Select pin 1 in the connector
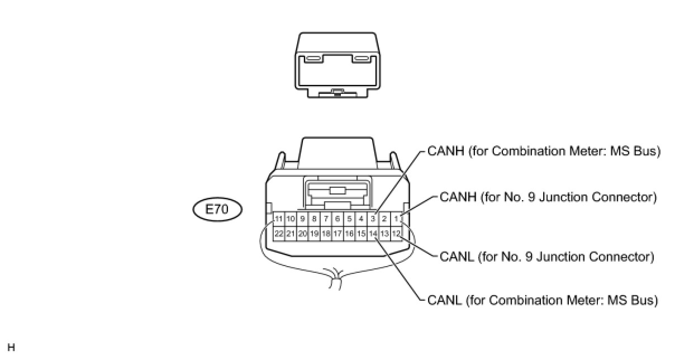(x=396, y=219)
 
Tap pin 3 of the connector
(x=373, y=219)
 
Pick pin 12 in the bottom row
(x=396, y=233)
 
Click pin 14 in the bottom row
(x=373, y=233)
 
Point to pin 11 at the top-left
(x=278, y=219)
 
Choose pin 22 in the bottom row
(x=278, y=233)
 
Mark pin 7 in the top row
(x=326, y=219)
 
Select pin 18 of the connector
(x=326, y=233)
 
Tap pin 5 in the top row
(x=349, y=219)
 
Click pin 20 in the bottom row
(x=302, y=233)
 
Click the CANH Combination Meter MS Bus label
(x=544, y=151)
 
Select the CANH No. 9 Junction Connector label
(x=548, y=197)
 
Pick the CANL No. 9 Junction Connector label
(x=546, y=257)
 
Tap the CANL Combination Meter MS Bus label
(x=542, y=301)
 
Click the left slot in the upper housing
(x=313, y=58)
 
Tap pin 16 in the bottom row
(x=349, y=233)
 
